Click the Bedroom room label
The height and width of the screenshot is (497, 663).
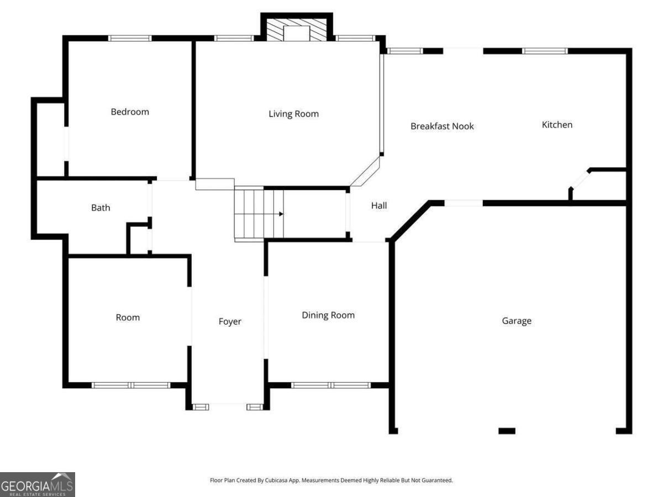(x=130, y=112)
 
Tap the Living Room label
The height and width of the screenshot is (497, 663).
(x=293, y=114)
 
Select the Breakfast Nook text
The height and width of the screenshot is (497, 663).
(x=442, y=126)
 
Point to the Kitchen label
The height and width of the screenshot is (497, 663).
(x=557, y=125)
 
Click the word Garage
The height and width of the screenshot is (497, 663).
(x=517, y=321)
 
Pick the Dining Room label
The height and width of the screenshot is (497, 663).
(x=328, y=315)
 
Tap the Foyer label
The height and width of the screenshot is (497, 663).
(x=230, y=322)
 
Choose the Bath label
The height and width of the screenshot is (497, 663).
(x=101, y=208)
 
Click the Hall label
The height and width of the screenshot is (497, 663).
(x=379, y=205)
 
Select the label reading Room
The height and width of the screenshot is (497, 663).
(x=128, y=318)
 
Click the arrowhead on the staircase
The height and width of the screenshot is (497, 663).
(x=281, y=214)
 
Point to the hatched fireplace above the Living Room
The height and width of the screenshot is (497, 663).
(x=297, y=30)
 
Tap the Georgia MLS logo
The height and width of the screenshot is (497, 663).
(x=38, y=484)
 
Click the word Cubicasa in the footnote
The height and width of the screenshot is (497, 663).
(x=276, y=480)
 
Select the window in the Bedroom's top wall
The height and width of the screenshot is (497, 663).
(x=130, y=38)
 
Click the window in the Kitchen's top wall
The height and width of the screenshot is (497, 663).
(x=545, y=51)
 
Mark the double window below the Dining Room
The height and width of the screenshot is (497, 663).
(x=331, y=385)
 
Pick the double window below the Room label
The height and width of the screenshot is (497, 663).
(x=131, y=385)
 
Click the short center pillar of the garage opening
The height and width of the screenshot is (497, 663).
(x=507, y=431)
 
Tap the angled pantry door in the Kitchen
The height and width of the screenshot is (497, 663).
(x=580, y=180)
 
